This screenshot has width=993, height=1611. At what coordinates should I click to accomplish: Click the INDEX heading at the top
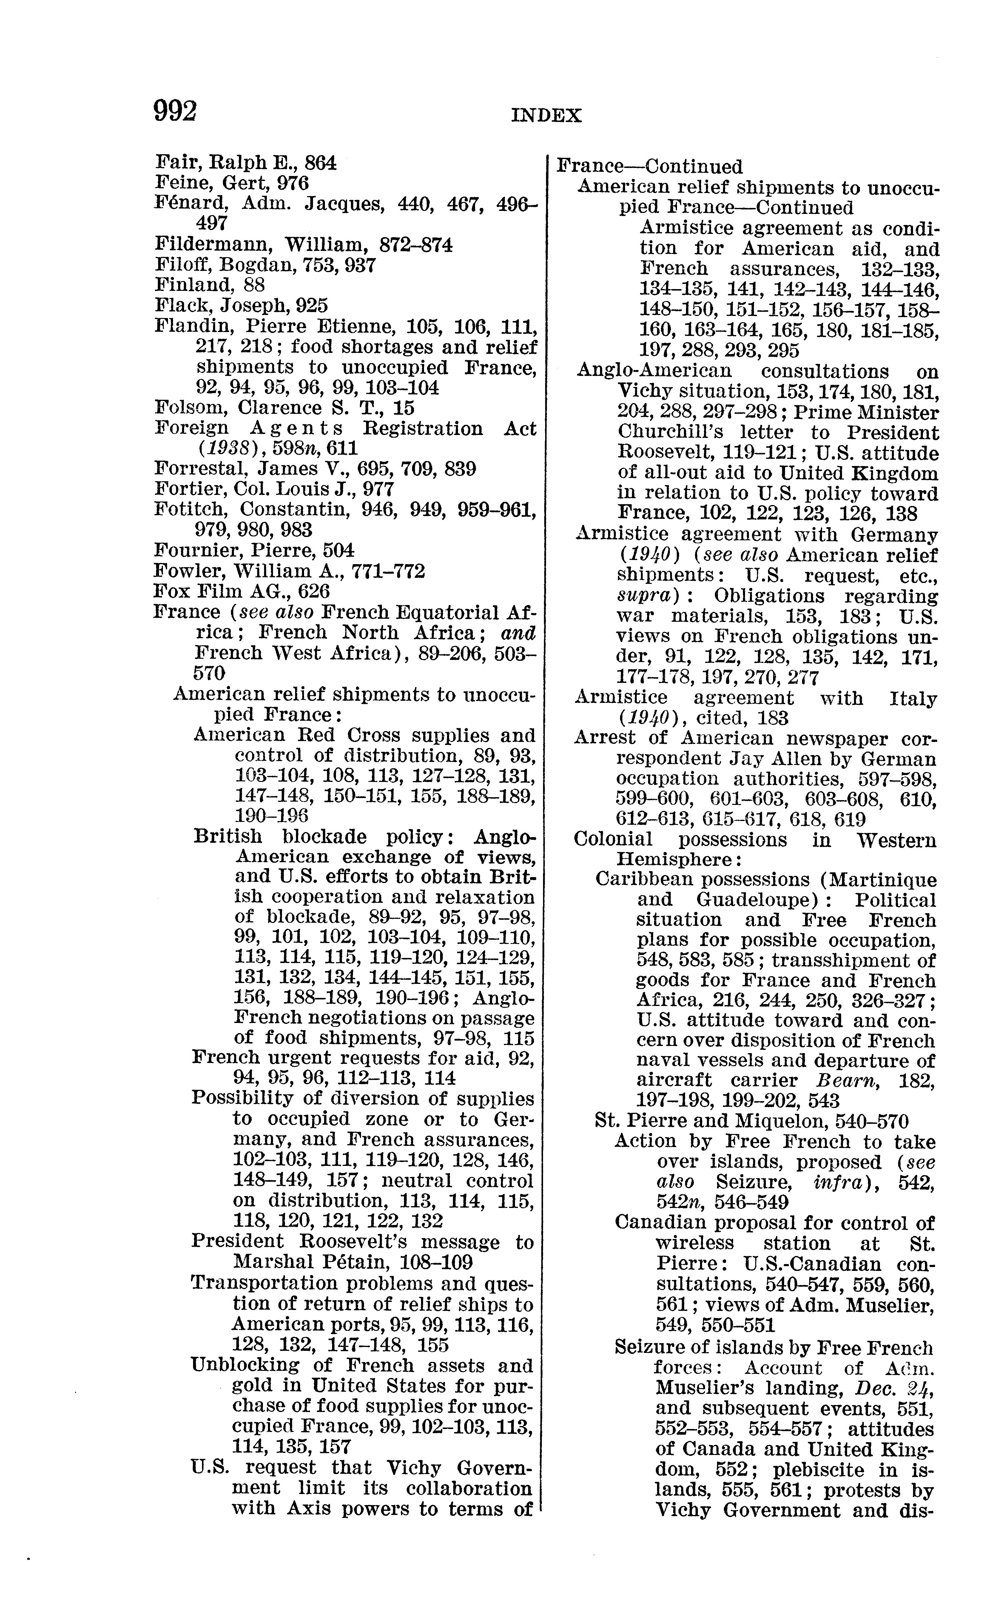[546, 116]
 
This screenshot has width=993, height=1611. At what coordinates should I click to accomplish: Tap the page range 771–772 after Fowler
[389, 571]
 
